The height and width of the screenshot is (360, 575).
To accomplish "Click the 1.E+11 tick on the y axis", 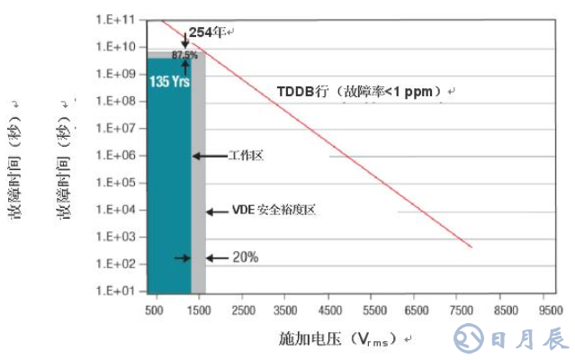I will tap(116, 19).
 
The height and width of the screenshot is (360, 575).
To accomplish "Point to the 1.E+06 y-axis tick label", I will tap(116, 156).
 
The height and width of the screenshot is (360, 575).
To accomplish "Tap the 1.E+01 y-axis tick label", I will tap(116, 292).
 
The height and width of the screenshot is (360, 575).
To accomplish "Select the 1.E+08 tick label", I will tap(116, 101).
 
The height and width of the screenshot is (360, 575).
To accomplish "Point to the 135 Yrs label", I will tap(168, 80).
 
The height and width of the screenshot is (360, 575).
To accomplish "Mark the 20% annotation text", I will tap(246, 257).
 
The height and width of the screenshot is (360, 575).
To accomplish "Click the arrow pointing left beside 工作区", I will tap(209, 156).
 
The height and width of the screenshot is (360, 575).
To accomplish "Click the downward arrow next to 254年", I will tap(185, 40).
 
